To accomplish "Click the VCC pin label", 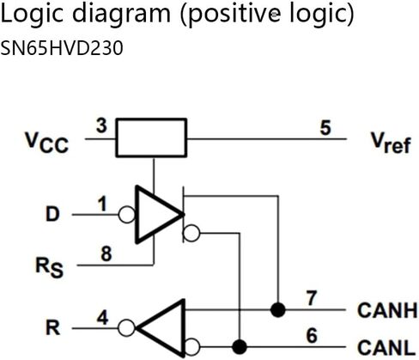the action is pos(46,143).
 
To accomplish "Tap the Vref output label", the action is pos(391,143).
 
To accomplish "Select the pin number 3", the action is pos(101,125).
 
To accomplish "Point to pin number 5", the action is pos(325,127).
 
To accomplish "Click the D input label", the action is pos(52,214).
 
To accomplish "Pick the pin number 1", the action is pos(102,204).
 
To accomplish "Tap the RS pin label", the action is pos(49,267).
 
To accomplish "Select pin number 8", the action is pos(106,253).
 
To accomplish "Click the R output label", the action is pos(53,327).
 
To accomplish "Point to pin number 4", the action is pos(103,318).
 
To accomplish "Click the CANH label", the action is pos(387,310).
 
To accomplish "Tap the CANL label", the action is pos(386,347).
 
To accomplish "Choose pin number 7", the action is pos(312,298).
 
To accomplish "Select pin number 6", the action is pos(312,335).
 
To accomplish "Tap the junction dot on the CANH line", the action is pos(278,309).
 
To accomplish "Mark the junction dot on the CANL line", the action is pos(240,347).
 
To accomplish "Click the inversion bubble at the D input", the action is pos(127,215).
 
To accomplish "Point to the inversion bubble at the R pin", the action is pos(126,328).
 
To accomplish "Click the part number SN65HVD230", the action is pos(62,48).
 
